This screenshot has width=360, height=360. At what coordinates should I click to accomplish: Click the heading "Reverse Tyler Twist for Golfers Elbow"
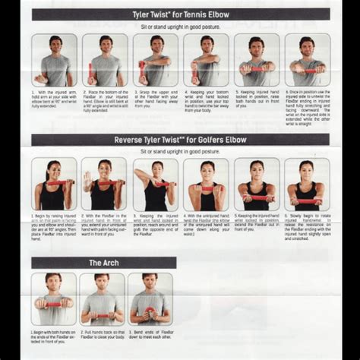[180, 140]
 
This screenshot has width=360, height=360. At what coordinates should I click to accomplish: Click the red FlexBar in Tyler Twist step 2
[92, 74]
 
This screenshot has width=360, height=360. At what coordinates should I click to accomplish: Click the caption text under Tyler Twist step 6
[307, 107]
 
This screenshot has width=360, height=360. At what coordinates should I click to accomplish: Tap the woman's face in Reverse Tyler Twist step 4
[206, 168]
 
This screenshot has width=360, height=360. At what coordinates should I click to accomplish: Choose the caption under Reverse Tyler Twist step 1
[54, 231]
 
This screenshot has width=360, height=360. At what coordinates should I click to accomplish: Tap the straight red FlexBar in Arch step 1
[53, 304]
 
